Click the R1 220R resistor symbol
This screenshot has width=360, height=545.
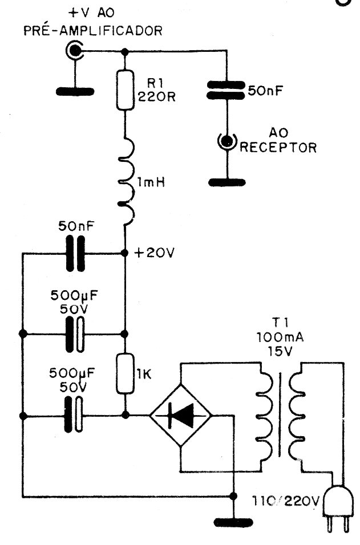[x=125, y=90]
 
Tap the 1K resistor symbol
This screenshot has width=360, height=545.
[x=125, y=373]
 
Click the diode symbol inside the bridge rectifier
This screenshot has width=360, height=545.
[x=180, y=418]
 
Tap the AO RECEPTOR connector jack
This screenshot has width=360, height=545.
[x=227, y=140]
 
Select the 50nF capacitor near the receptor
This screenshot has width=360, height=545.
[x=227, y=91]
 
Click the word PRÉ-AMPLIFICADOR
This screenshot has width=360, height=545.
[x=92, y=29]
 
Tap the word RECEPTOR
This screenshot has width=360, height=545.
[x=278, y=148]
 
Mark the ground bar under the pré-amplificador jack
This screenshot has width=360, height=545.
[x=75, y=90]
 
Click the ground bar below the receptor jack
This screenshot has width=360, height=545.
[x=228, y=182]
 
